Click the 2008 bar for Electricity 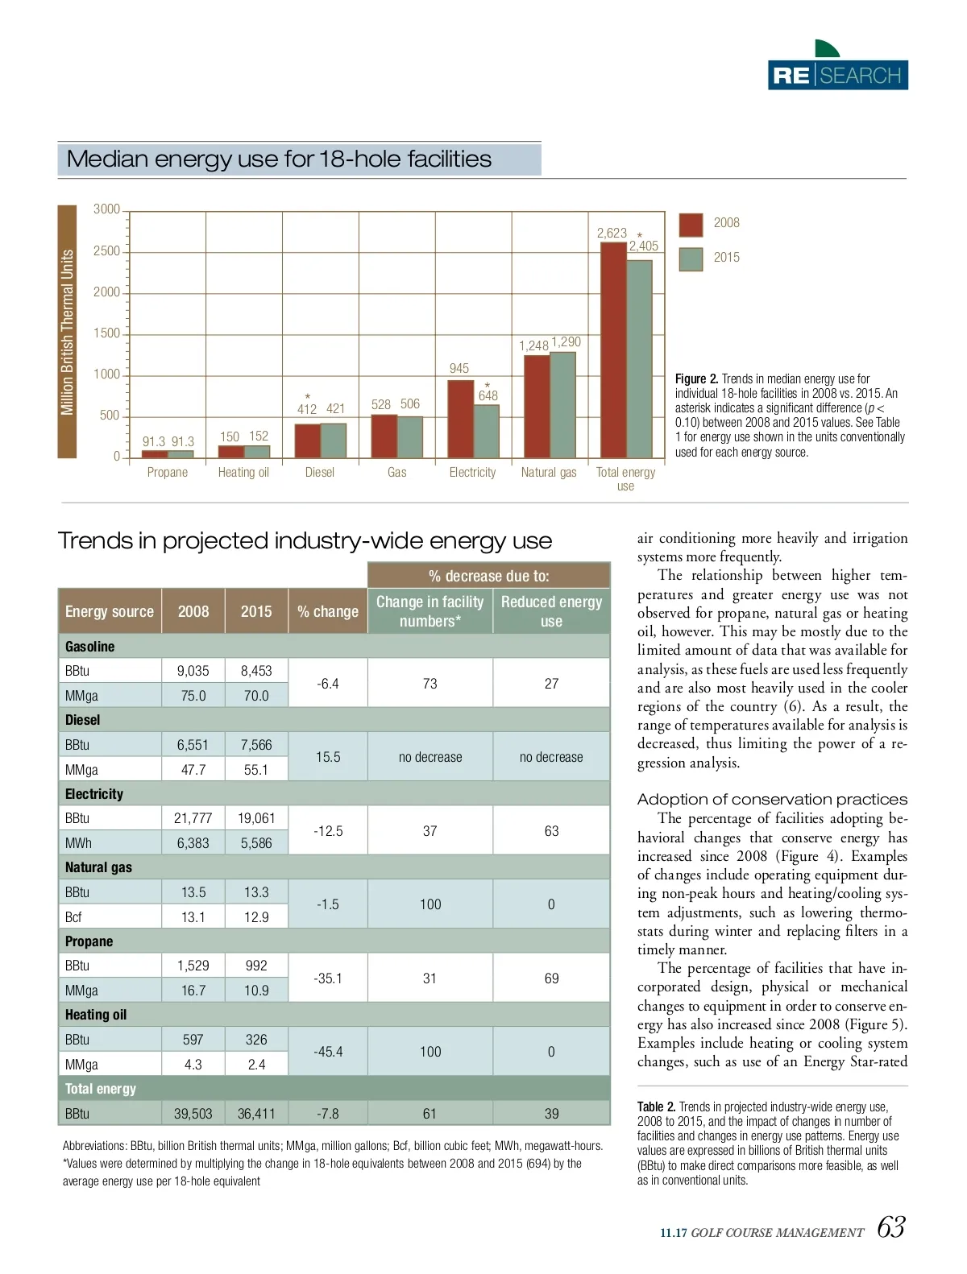[460, 419]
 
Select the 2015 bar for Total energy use [639, 358]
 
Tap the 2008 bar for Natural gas [537, 407]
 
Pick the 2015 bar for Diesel [334, 441]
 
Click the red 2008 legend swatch [691, 225]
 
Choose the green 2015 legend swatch [691, 259]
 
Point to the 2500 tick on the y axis [107, 251]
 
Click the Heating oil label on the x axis [243, 473]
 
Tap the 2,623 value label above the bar [612, 233]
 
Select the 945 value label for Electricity [459, 368]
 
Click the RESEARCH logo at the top [837, 75]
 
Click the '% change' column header [328, 611]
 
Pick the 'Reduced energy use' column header [551, 611]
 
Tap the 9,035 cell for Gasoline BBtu [193, 671]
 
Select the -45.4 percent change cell [328, 1052]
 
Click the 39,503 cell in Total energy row [193, 1114]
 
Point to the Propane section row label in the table [89, 941]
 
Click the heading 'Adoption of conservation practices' [772, 799]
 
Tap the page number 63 [890, 1227]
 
